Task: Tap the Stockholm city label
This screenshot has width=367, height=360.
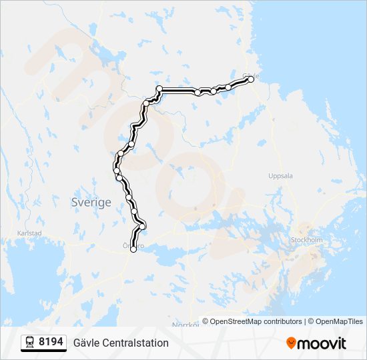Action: [x=306, y=239]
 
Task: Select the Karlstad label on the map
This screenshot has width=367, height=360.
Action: [x=29, y=233]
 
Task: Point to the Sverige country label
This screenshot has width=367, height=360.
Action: [x=91, y=203]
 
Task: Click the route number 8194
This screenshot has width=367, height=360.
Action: [x=51, y=342]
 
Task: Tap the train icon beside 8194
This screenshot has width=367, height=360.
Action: [x=30, y=343]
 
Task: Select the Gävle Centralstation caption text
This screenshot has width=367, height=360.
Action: [x=121, y=343]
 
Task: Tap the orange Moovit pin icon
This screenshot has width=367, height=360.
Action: [x=291, y=343]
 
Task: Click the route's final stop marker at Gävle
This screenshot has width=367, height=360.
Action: [x=251, y=79]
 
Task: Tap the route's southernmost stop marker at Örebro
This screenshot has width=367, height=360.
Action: [x=133, y=249]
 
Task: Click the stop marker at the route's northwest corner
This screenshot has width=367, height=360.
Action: [x=159, y=89]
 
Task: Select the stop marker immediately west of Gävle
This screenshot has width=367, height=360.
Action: [x=228, y=87]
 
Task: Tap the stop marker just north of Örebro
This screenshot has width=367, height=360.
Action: [x=142, y=227]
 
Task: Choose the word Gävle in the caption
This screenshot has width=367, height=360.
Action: [x=87, y=343]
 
